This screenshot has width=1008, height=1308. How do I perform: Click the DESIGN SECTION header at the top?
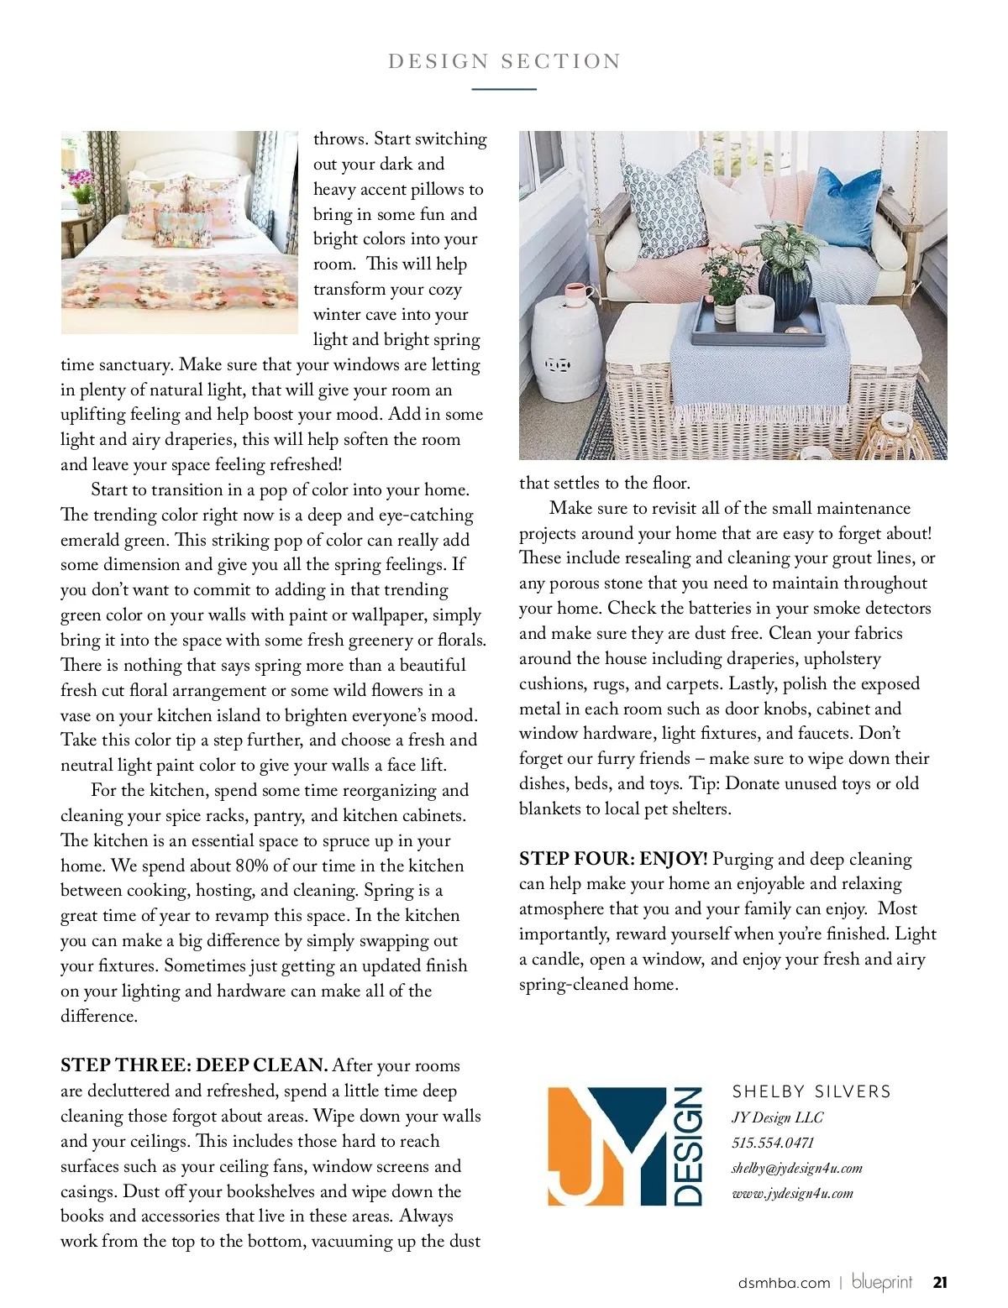pyautogui.click(x=504, y=61)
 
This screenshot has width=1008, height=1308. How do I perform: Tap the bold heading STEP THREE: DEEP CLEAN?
pyautogui.click(x=194, y=1065)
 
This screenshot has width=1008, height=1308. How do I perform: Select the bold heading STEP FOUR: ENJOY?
pyautogui.click(x=613, y=858)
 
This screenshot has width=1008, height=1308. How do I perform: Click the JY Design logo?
pyautogui.click(x=625, y=1146)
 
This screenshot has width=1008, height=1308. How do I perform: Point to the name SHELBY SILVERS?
pyautogui.click(x=811, y=1091)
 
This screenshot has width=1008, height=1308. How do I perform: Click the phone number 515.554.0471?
pyautogui.click(x=773, y=1143)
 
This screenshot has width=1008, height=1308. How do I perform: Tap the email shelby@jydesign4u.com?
pyautogui.click(x=796, y=1168)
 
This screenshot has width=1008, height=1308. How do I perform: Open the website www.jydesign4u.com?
pyautogui.click(x=792, y=1193)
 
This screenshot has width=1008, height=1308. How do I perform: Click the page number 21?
pyautogui.click(x=940, y=1282)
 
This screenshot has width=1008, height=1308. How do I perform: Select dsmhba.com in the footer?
pyautogui.click(x=784, y=1283)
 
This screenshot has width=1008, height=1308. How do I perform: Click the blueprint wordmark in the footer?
pyautogui.click(x=882, y=1282)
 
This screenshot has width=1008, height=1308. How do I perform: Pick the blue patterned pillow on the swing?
pyautogui.click(x=659, y=201)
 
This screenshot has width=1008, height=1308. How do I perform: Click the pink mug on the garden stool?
pyautogui.click(x=577, y=296)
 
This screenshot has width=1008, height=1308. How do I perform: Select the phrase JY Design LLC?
pyautogui.click(x=777, y=1117)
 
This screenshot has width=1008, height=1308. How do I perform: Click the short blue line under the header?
pyautogui.click(x=504, y=89)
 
